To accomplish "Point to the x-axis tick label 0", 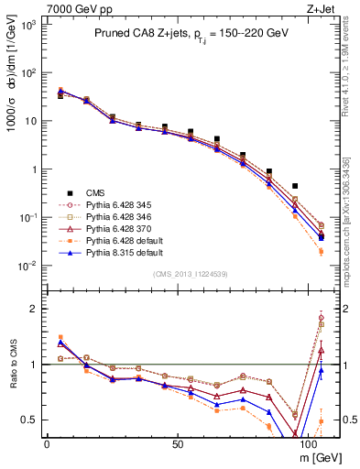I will click(46, 442).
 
